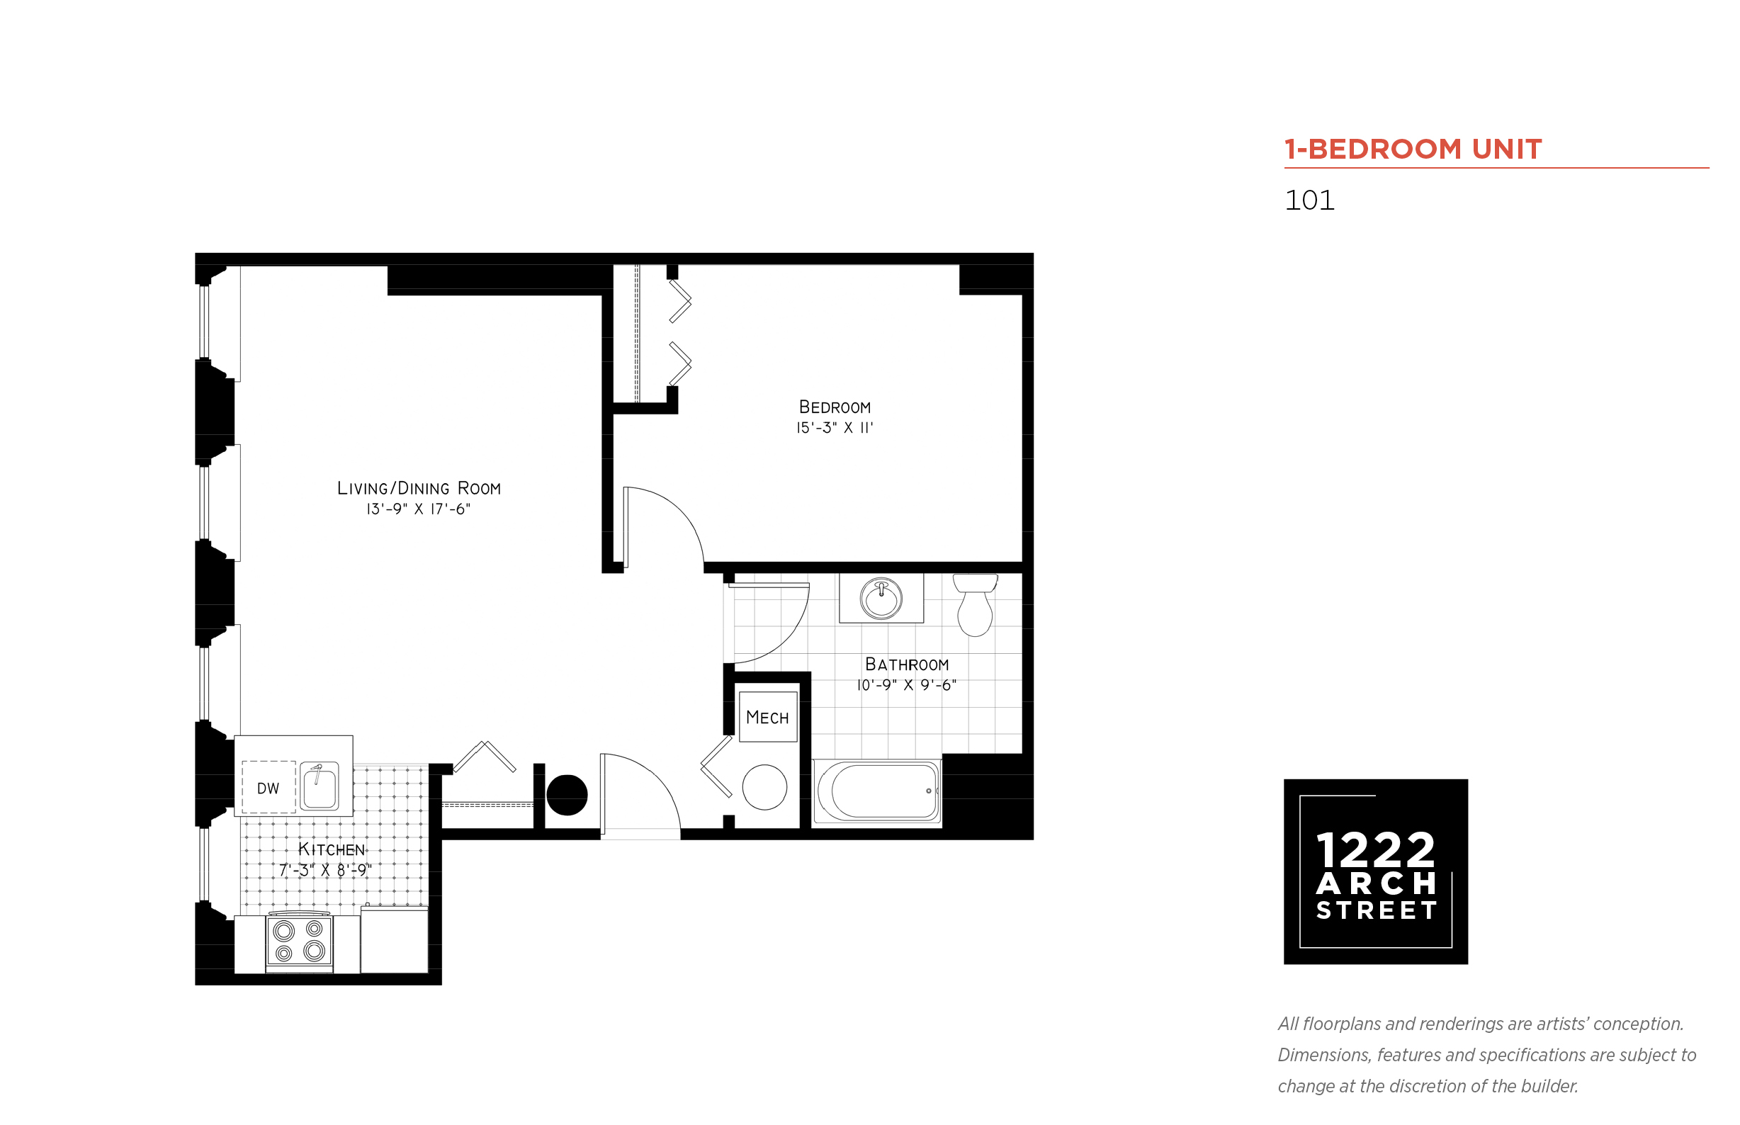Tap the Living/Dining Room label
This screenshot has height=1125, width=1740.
419,488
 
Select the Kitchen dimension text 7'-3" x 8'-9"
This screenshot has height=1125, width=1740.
325,870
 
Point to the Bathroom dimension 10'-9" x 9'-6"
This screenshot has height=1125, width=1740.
907,685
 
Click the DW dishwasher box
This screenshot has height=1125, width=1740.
269,788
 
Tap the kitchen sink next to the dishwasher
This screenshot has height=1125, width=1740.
320,786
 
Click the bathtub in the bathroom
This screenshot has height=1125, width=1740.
876,791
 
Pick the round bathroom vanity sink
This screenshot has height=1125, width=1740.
881,599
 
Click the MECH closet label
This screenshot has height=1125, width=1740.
767,718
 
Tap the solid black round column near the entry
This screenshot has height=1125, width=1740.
567,795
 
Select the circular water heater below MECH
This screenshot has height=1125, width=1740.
764,787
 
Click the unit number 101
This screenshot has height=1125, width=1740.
1309,200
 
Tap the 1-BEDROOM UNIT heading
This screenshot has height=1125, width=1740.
1413,149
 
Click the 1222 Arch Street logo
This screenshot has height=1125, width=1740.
1375,871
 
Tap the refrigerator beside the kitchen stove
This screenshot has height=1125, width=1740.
394,940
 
